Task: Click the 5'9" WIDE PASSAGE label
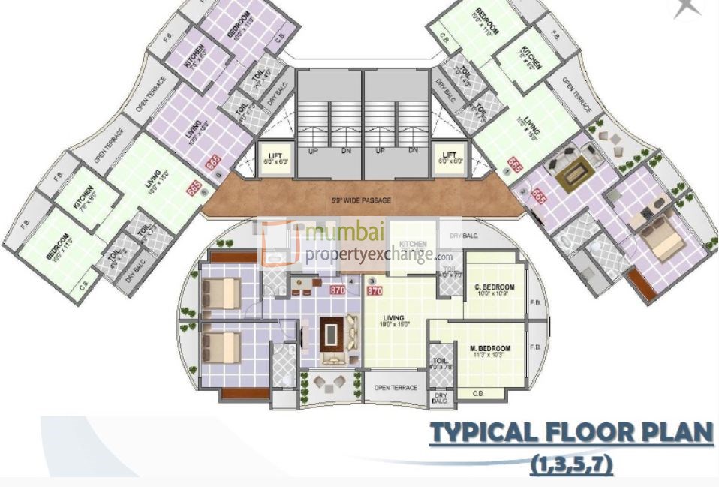[361, 201]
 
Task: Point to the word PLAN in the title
[679, 434]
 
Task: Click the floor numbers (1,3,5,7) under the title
[571, 465]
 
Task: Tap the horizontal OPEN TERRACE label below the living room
[396, 388]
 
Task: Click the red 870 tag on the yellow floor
[375, 290]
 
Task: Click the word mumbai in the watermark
[339, 234]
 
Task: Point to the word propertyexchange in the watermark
[368, 255]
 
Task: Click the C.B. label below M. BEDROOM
[478, 394]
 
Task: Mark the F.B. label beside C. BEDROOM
[535, 303]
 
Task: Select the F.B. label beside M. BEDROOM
[535, 348]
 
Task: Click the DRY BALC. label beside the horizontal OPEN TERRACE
[440, 399]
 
